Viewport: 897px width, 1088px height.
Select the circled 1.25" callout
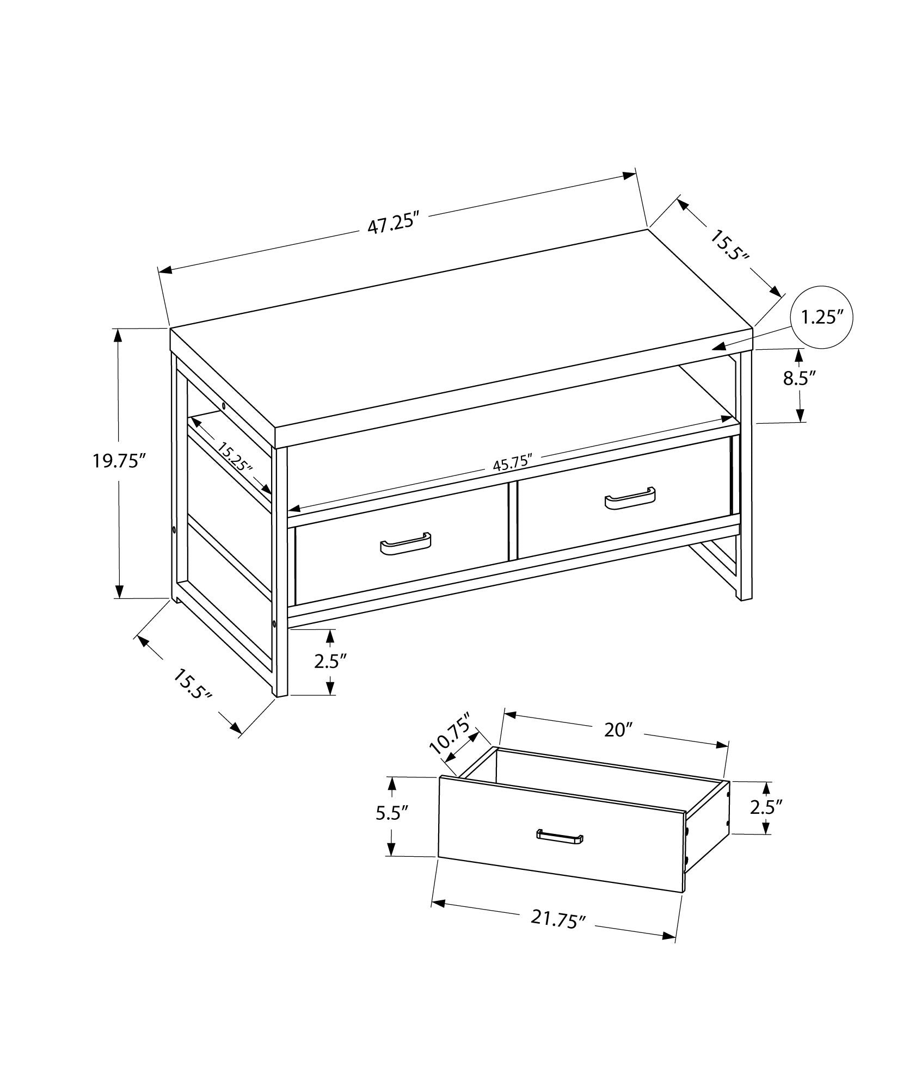pos(821,317)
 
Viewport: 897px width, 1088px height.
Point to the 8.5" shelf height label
pos(800,379)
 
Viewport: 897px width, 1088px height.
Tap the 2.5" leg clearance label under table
pos(330,662)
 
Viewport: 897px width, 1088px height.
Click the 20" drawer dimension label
pos(617,730)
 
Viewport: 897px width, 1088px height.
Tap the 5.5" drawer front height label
pos(391,829)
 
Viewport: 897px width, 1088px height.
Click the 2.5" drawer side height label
pos(766,807)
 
